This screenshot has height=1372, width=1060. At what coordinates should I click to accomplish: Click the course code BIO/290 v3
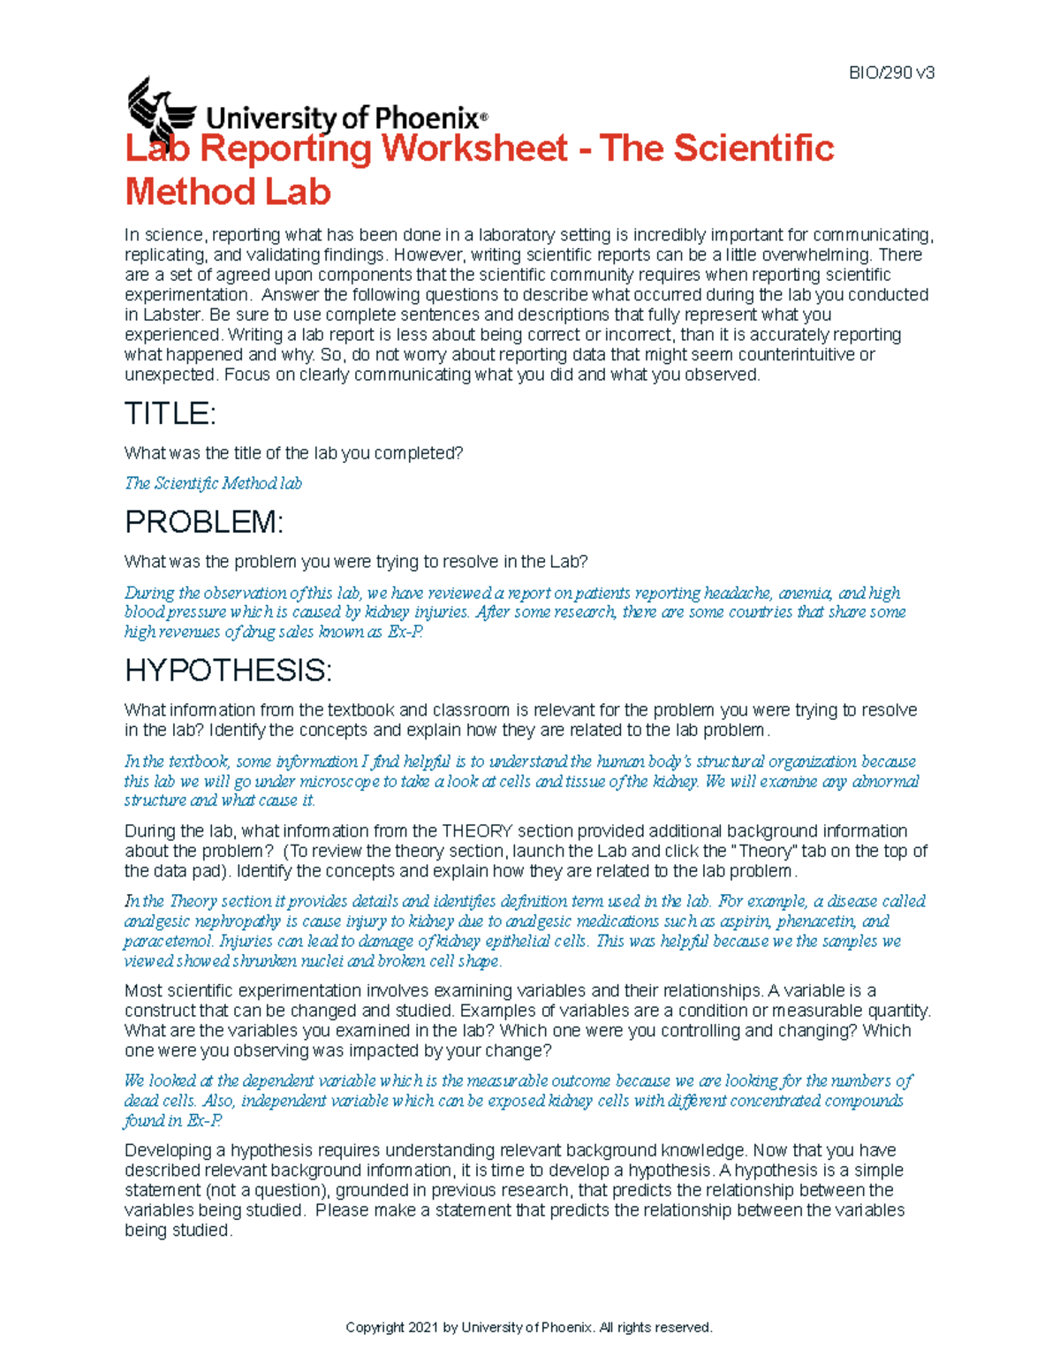pyautogui.click(x=890, y=73)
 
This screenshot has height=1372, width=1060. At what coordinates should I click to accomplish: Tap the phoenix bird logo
pyautogui.click(x=160, y=111)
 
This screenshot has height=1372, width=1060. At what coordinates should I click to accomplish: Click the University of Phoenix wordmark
pyautogui.click(x=345, y=117)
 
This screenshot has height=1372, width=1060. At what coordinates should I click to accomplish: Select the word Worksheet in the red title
pyautogui.click(x=473, y=148)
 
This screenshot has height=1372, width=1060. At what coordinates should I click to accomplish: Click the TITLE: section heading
pyautogui.click(x=170, y=413)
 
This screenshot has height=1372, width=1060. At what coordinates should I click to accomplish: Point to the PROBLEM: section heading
pyautogui.click(x=203, y=522)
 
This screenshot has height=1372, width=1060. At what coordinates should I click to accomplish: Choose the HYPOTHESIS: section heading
pyautogui.click(x=228, y=671)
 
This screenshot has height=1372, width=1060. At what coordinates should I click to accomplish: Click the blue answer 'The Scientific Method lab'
pyautogui.click(x=213, y=483)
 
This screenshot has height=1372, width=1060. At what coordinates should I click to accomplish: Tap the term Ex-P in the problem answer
pyautogui.click(x=405, y=633)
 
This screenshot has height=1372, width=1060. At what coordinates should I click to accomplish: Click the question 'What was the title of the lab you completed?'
pyautogui.click(x=293, y=453)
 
